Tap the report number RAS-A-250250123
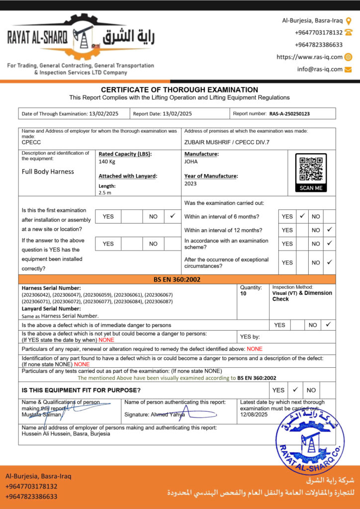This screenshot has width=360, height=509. coord(289,114)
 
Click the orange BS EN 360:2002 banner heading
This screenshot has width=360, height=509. coord(177,279)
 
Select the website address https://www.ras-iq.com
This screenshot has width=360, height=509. coord(309,57)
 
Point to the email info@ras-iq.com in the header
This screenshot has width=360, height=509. coord(320,70)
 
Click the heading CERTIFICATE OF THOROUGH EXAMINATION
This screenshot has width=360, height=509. coord(180,89)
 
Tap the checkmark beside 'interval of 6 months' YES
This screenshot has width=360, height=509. coord(302,216)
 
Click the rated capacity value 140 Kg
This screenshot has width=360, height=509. coord(107,162)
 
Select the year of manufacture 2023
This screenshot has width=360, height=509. coord(190,183)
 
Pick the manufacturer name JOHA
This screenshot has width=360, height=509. coord(191,162)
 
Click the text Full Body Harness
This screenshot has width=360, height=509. coord(48,171)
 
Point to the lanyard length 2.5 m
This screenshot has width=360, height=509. coord(104,192)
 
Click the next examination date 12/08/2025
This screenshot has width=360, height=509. coord(254,415)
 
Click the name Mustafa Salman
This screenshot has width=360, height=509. coord(38,415)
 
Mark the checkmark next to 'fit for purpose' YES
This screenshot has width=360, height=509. coord(295,390)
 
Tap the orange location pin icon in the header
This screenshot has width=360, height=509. coord(348,21)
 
